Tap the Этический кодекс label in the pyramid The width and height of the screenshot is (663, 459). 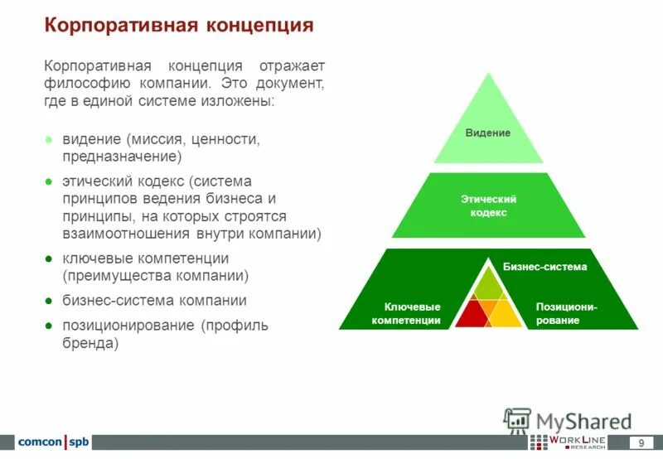pos(488,206)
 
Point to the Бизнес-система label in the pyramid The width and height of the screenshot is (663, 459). pos(544,267)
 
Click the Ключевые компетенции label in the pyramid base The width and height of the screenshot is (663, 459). pos(406,313)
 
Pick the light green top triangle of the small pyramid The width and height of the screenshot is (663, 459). pos(488,284)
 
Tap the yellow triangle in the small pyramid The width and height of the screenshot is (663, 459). pos(506,315)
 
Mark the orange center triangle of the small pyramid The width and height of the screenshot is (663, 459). pos(488,309)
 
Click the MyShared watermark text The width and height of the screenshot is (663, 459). pos(583,421)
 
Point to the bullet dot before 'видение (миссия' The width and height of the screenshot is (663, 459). pos(50,140)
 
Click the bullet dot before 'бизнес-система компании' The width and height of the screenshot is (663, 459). pos(50,301)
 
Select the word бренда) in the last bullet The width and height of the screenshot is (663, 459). pos(90,342)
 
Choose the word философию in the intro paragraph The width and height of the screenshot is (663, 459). pos(84,84)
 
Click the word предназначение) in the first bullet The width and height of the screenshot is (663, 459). pos(122,156)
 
